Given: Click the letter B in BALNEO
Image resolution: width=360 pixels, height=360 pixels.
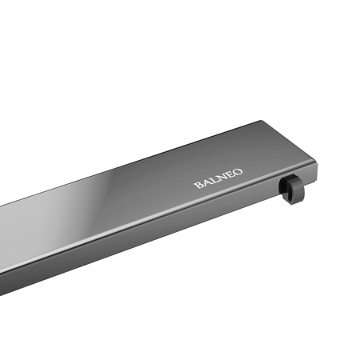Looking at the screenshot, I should tap(197, 185).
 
